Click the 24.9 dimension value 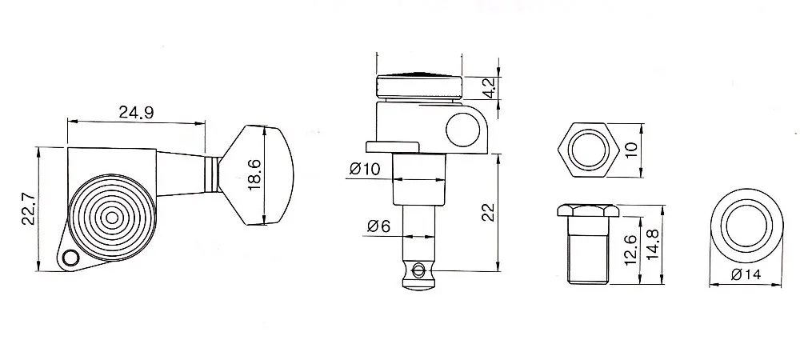136,113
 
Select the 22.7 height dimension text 26,210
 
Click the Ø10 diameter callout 364,170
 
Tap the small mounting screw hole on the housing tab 70,257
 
